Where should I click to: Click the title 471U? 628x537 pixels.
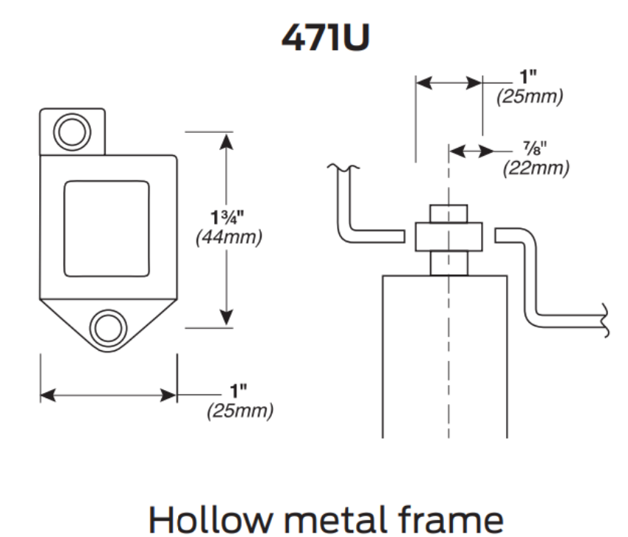click(314, 39)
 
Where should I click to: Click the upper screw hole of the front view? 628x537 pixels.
click(72, 132)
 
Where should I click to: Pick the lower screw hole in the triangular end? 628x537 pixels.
click(107, 326)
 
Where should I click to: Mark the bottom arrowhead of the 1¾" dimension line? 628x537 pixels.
click(226, 317)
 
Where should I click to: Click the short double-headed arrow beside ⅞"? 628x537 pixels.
click(470, 151)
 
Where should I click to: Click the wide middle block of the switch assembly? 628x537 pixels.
click(448, 236)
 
